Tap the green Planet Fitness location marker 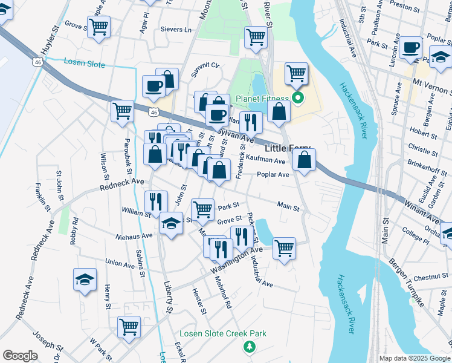[x=297, y=97]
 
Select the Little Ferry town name [x=287, y=149]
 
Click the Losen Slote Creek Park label [x=223, y=333]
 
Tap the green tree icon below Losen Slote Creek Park [x=248, y=346]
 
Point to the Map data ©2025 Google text [x=414, y=358]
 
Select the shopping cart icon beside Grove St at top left [x=98, y=26]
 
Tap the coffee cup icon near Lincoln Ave [x=410, y=47]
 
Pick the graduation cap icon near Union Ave [x=85, y=279]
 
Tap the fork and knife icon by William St [x=155, y=201]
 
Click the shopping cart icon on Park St [x=203, y=209]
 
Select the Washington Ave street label [x=237, y=259]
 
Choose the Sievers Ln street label [x=176, y=30]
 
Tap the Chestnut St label [x=431, y=277]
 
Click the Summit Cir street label [x=205, y=65]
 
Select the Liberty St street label [x=168, y=296]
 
